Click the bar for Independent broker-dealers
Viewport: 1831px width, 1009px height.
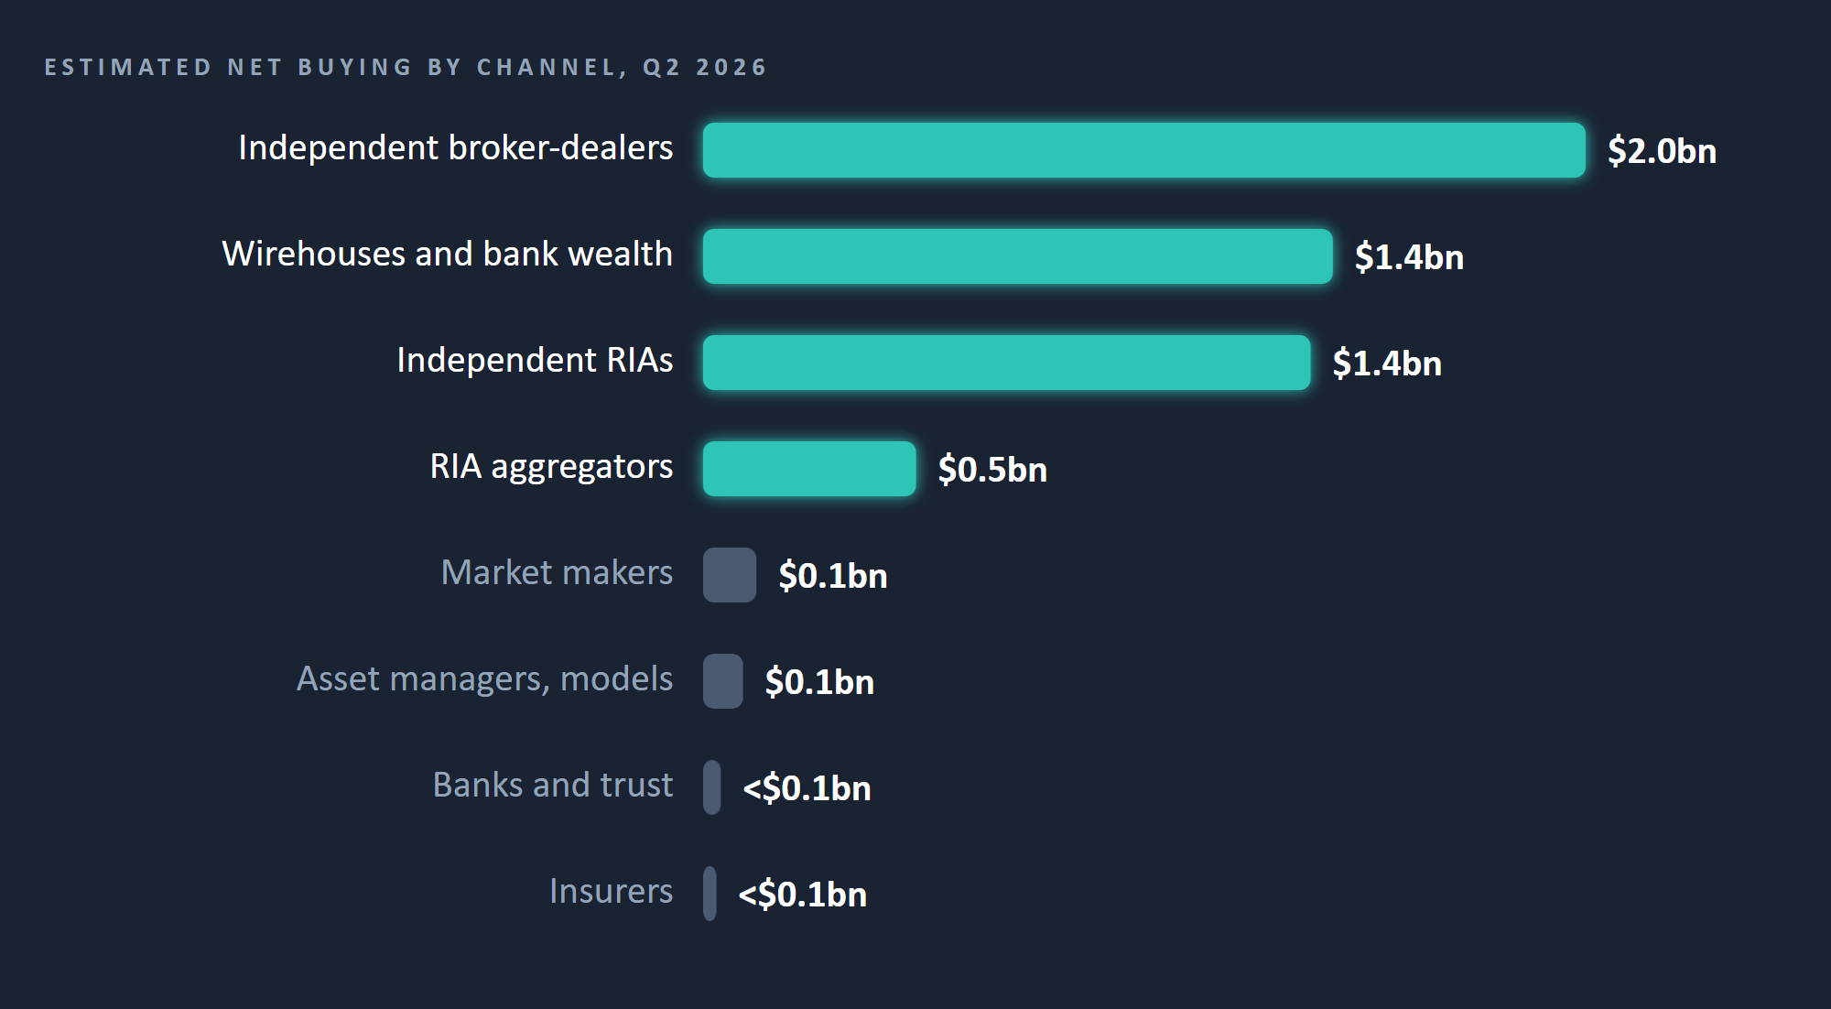click(x=1143, y=150)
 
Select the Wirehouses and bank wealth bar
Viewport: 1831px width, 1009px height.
click(x=1017, y=256)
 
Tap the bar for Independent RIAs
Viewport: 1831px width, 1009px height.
click(x=1006, y=363)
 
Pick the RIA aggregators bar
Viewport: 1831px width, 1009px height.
click(x=809, y=469)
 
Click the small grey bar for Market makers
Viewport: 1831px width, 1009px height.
click(x=730, y=575)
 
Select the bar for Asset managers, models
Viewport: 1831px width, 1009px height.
click(x=723, y=681)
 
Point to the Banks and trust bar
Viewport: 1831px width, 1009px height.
click(x=711, y=787)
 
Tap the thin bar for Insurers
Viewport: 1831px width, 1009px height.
click(x=710, y=894)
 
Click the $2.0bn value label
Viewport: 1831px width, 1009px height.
click(x=1662, y=151)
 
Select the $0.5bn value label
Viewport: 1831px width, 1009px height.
click(x=992, y=470)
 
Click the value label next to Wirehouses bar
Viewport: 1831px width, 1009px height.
click(x=1409, y=257)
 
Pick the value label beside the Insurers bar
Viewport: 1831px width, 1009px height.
click(x=803, y=895)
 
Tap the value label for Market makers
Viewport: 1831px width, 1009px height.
click(x=833, y=576)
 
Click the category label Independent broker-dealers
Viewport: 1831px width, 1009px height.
click(x=456, y=148)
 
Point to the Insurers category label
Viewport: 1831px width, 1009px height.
click(x=612, y=892)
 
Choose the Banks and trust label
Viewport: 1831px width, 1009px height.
click(x=553, y=786)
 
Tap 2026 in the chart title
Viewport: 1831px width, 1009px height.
click(x=731, y=68)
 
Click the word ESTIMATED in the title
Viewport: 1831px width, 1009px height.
click(x=128, y=68)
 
